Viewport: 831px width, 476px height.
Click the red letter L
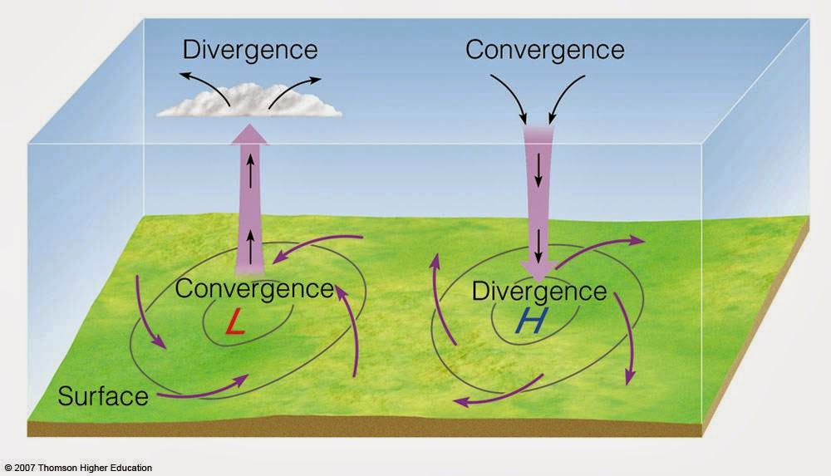[x=235, y=323]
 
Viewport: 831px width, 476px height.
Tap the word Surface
[x=103, y=395]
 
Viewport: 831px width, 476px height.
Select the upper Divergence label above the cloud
[x=250, y=50]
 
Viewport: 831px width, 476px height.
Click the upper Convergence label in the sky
[x=544, y=50]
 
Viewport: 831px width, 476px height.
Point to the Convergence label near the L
[x=254, y=289]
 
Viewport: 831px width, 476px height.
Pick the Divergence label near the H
[x=539, y=292]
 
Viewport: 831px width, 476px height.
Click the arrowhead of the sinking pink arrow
[x=539, y=269]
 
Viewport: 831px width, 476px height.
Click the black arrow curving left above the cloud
[x=204, y=85]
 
